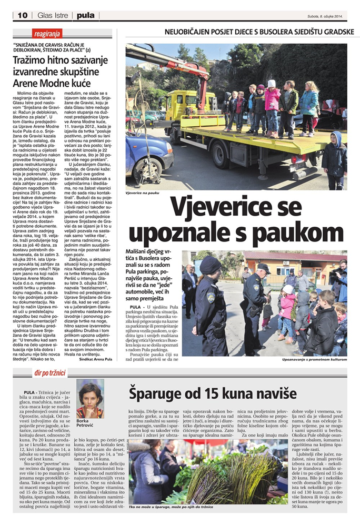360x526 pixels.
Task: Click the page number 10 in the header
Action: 22,15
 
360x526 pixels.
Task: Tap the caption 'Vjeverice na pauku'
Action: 143,194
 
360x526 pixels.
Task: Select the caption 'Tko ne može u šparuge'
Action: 158,506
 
